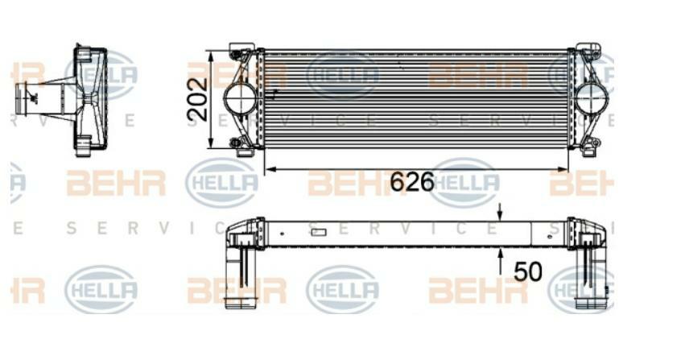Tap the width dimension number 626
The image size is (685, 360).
point(411,182)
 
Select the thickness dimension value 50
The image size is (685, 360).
point(527,271)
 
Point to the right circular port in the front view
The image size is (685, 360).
point(592,99)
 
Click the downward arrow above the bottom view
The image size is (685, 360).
point(500,213)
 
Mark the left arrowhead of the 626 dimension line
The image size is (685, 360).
point(269,169)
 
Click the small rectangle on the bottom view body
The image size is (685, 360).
point(318,233)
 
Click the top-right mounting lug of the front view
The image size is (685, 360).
point(590,53)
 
